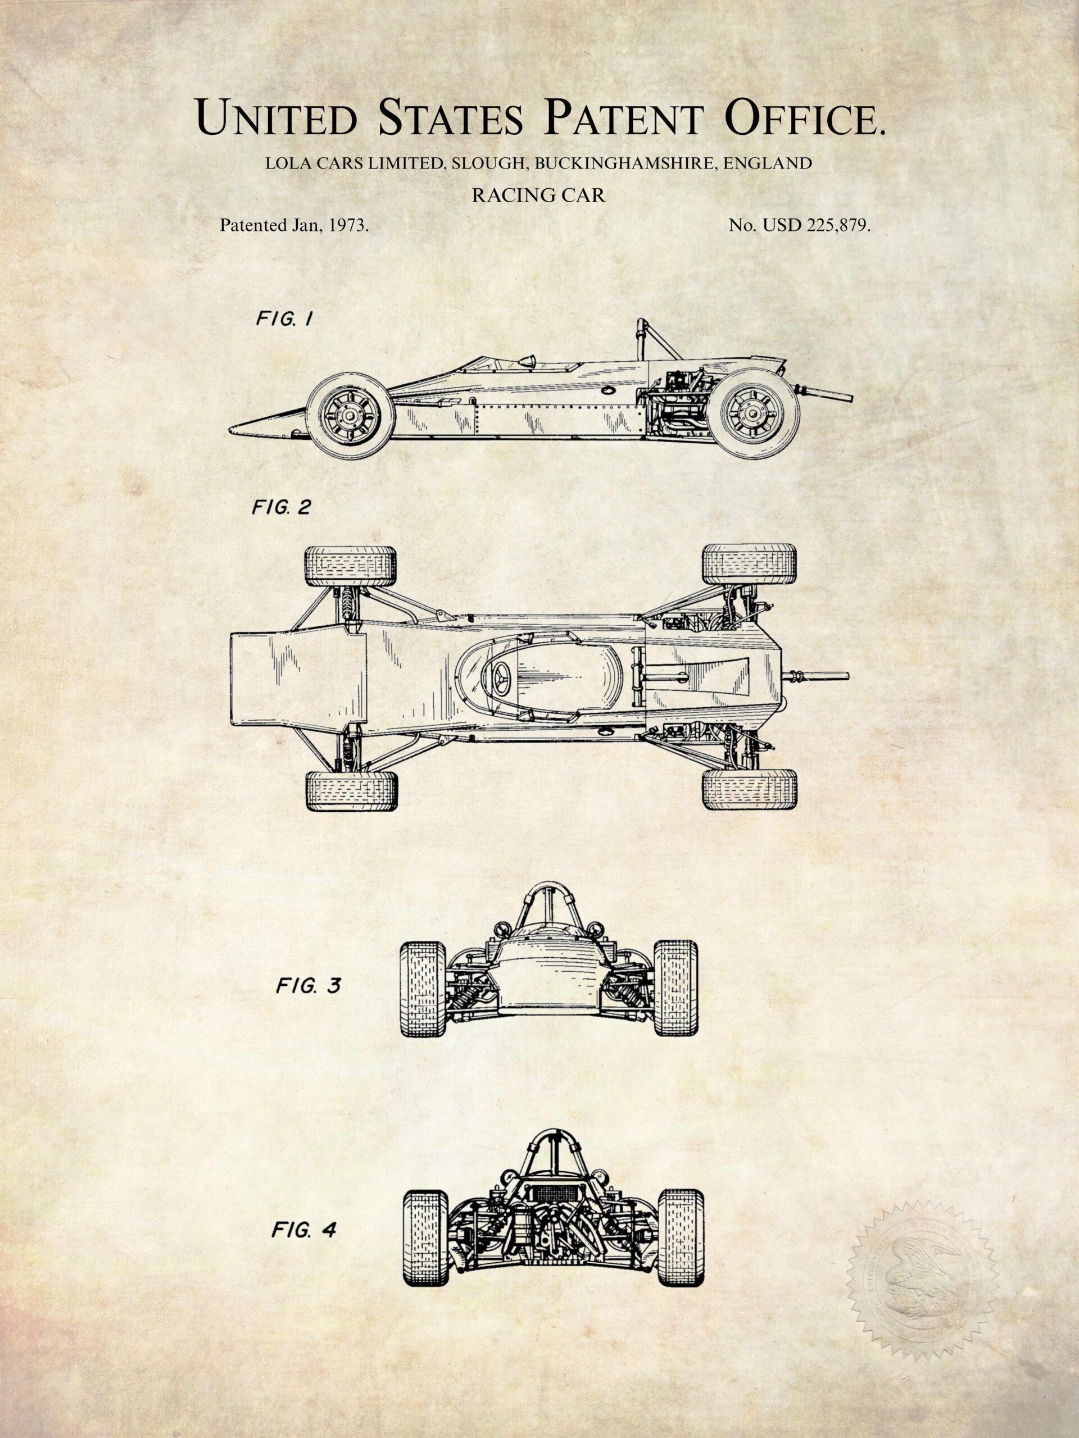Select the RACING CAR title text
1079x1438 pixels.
[538, 195]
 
